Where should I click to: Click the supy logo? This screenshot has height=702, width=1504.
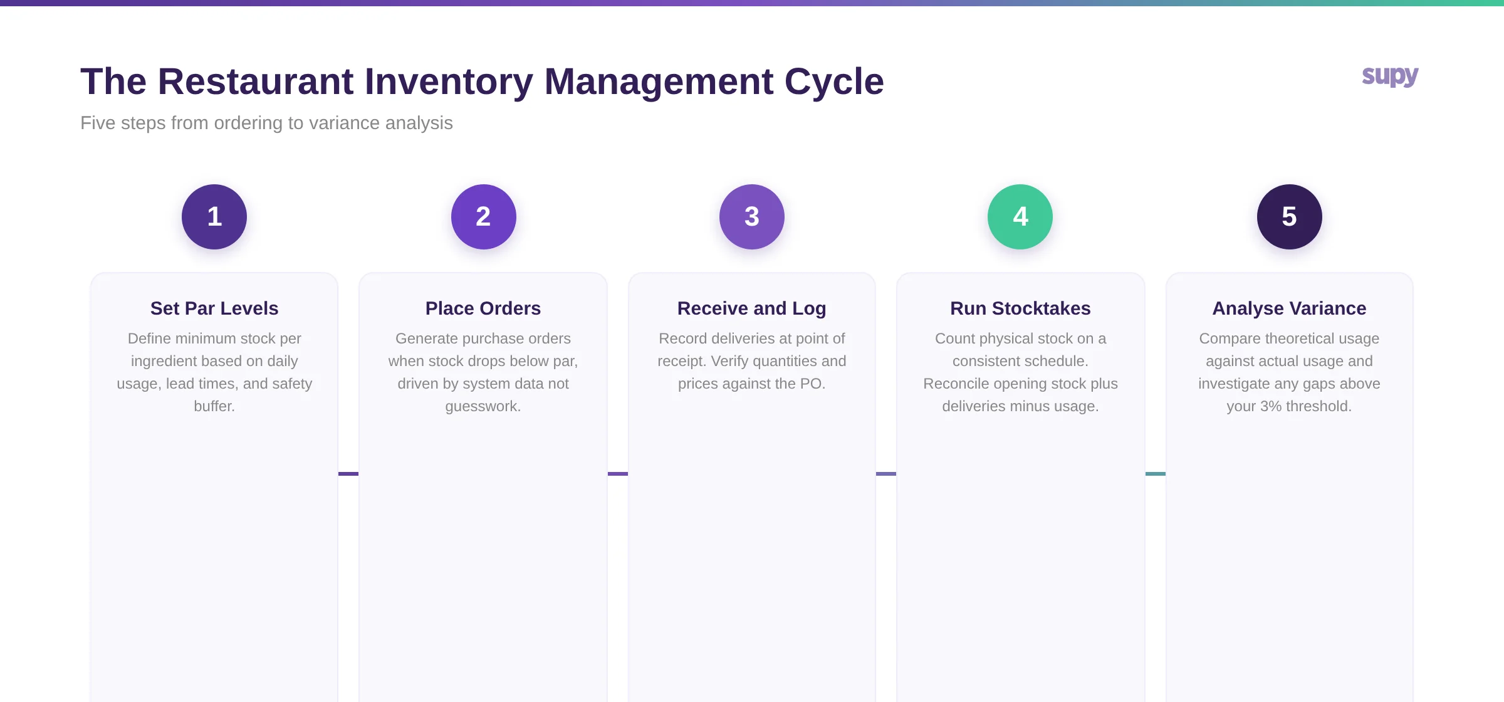pos(1390,76)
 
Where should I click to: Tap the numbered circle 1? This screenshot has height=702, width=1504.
pos(214,217)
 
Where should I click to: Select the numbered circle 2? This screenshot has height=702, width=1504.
pos(483,217)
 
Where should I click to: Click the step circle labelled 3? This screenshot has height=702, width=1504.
pos(751,217)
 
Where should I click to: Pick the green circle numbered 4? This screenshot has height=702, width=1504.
pos(1020,217)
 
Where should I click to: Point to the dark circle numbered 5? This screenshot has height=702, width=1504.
pos(1289,217)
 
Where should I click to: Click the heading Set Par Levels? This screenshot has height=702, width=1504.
pos(214,308)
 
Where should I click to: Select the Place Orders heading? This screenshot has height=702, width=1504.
pos(483,308)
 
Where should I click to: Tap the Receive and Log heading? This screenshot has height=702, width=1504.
pos(751,308)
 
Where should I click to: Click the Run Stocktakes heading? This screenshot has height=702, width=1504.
pos(1020,308)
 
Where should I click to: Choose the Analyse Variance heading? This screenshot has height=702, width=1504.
pos(1289,308)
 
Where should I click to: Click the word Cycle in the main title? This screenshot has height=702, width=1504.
pos(833,82)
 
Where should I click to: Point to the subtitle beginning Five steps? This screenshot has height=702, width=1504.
pos(266,123)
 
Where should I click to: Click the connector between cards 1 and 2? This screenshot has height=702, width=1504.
pos(348,474)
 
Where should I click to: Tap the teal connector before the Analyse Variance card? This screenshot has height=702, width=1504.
pos(1156,474)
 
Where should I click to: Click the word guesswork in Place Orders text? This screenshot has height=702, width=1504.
pos(482,407)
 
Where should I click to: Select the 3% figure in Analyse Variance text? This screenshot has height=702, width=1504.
pos(1271,406)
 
